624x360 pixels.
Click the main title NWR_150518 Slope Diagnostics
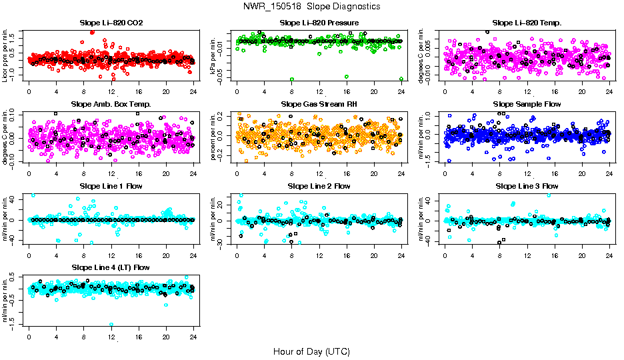tap(312, 6)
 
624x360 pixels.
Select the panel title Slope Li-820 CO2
tap(111, 23)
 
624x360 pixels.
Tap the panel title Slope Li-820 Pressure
tap(319, 23)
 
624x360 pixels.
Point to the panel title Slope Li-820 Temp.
tap(527, 23)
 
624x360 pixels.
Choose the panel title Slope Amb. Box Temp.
tap(111, 105)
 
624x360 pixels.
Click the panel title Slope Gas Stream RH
tap(319, 105)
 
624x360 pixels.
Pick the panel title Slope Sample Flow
tap(527, 105)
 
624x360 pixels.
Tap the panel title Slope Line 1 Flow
tap(111, 186)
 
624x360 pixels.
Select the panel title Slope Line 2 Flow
tap(319, 186)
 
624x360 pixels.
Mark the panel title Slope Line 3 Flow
tap(527, 186)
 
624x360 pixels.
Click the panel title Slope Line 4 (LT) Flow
tap(111, 267)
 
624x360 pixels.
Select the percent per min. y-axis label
tap(214, 137)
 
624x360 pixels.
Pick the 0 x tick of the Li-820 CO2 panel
tap(29, 92)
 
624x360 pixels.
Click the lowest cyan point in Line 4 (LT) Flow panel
tap(111, 325)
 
